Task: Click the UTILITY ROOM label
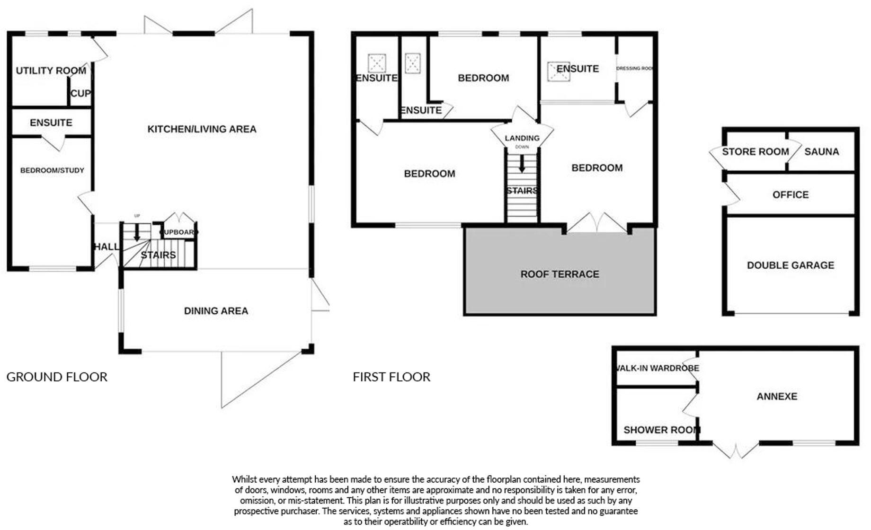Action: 51,71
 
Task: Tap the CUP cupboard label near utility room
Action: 80,94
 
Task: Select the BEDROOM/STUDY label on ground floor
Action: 52,170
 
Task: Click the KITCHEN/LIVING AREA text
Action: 202,129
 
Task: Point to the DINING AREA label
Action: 216,311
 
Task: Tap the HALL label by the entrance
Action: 107,247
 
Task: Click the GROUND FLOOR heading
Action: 57,377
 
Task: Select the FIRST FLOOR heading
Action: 391,377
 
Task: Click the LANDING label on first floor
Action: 522,138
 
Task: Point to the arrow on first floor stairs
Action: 522,164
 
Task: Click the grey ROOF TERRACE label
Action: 560,274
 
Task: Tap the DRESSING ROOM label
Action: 635,69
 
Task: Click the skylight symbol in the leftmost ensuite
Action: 377,62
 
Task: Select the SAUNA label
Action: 821,152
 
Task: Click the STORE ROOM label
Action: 755,152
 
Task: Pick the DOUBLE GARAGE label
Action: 790,265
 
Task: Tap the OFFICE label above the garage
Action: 790,195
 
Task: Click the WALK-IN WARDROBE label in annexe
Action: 657,368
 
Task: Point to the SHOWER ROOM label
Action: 661,430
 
